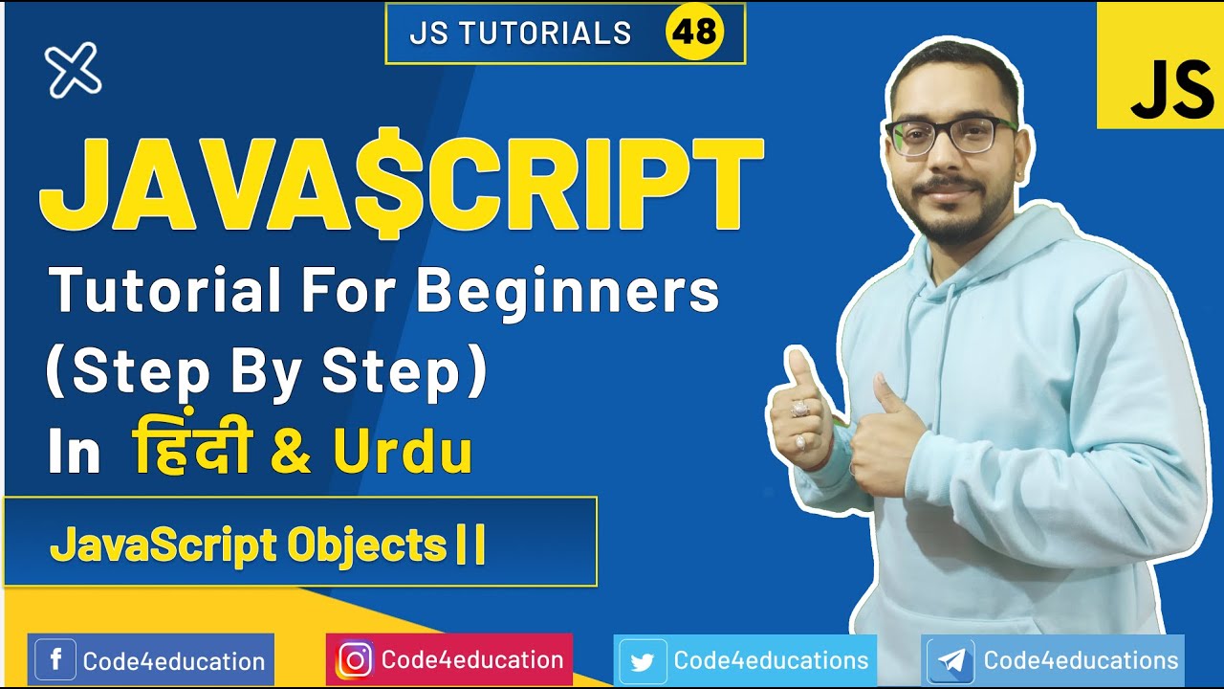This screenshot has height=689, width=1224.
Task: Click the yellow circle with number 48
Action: [694, 33]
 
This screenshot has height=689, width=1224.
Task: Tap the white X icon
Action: [73, 71]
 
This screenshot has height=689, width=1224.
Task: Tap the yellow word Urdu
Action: [403, 454]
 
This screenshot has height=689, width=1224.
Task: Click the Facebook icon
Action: [55, 660]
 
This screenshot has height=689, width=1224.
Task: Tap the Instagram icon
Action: [355, 660]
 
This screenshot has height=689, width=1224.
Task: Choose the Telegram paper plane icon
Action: [951, 661]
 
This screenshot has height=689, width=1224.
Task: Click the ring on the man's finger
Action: [799, 409]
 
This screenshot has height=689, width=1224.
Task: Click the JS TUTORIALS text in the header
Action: [520, 33]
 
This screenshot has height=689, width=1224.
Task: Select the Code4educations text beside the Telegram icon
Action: [1081, 660]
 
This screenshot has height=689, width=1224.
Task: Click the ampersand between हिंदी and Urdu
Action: [290, 454]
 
